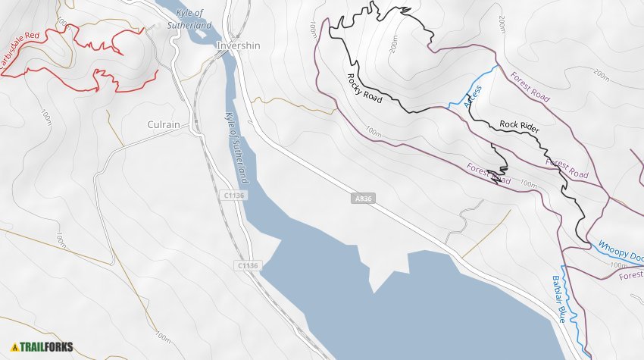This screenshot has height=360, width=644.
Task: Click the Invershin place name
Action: pyautogui.click(x=238, y=45)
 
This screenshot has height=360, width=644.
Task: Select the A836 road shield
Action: pyautogui.click(x=363, y=199)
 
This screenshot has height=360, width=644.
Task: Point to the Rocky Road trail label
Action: pyautogui.click(x=364, y=88)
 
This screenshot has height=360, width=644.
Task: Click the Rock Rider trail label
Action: pyautogui.click(x=519, y=127)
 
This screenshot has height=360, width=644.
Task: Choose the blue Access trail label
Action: pyautogui.click(x=472, y=94)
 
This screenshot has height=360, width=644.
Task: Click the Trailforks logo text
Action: pyautogui.click(x=47, y=347)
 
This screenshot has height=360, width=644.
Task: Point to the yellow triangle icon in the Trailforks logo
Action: pyautogui.click(x=14, y=347)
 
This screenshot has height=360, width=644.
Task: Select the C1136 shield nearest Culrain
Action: pyautogui.click(x=235, y=196)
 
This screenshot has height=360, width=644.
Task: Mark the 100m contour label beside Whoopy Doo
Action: pyautogui.click(x=619, y=265)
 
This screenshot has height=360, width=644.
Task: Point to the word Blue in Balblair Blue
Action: pyautogui.click(x=561, y=311)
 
